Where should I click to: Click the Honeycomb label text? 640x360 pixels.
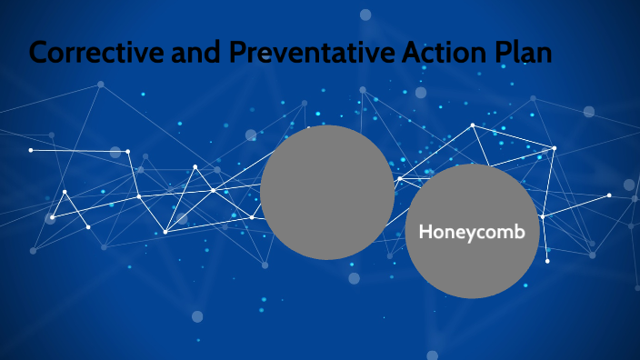[x=472, y=233]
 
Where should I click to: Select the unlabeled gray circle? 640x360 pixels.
[x=327, y=192]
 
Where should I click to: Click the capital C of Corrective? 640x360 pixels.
[x=41, y=52]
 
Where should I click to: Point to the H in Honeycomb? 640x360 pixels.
[x=425, y=232]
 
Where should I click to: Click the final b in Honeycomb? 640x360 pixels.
[x=520, y=232]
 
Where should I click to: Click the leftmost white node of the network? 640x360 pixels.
[x=31, y=150]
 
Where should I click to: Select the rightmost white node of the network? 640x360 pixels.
[x=609, y=195]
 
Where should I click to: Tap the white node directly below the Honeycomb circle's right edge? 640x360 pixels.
[x=547, y=261]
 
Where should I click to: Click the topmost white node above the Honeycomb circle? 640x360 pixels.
[x=473, y=125]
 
